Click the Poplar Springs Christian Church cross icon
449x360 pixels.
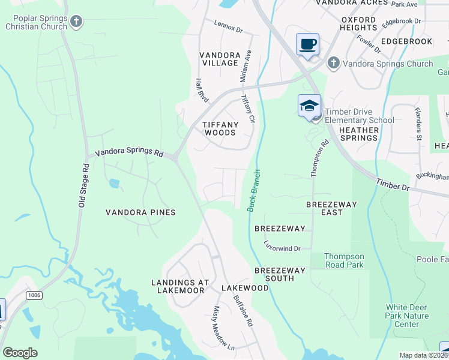76,22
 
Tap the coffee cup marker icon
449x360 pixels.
307,44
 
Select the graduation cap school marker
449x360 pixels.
309,106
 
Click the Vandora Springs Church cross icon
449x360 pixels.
333,62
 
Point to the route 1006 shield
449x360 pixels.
34,295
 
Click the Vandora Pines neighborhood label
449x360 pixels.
140,212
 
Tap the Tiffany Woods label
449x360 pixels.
220,128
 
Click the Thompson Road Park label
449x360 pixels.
344,260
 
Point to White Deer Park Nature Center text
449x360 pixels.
407,316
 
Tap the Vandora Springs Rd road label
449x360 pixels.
129,152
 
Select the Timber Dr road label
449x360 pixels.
393,184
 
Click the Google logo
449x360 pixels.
20,353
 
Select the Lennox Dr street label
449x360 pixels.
228,26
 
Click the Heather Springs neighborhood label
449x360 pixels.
359,134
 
